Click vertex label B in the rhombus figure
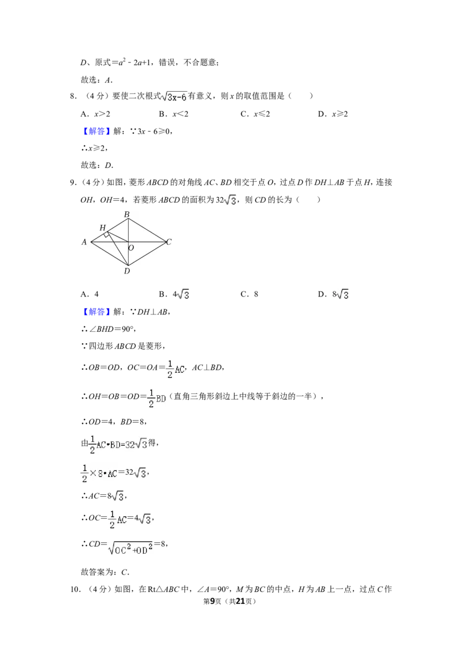[x=126, y=215]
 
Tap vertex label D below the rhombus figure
[x=126, y=271]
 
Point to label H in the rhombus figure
[x=103, y=228]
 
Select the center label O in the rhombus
[x=131, y=248]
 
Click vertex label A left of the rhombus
[x=84, y=242]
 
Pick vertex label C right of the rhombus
[x=169, y=242]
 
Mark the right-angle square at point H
[x=107, y=234]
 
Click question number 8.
[x=73, y=96]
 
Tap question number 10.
[x=75, y=590]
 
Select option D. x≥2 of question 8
[x=333, y=114]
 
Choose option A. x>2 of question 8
[x=95, y=114]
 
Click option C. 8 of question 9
[x=249, y=294]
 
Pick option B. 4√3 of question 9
[x=174, y=294]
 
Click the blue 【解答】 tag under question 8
[x=95, y=131]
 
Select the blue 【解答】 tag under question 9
[x=95, y=312]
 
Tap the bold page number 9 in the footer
[x=213, y=601]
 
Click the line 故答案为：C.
[x=105, y=572]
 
